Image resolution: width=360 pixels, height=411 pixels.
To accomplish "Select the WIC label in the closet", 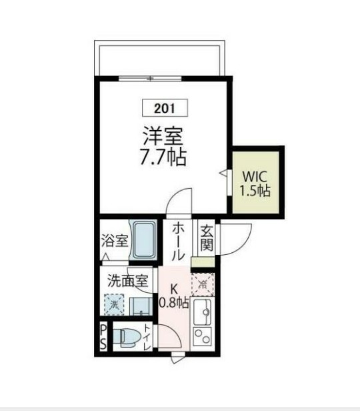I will coord(255,177).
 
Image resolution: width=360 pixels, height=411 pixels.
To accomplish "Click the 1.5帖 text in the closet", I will coord(255,191).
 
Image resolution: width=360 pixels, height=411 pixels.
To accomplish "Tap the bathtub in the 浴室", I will coord(143,240).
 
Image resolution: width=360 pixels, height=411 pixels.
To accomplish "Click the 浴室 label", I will coord(115,241).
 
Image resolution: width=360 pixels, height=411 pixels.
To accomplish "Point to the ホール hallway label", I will coord(179,242).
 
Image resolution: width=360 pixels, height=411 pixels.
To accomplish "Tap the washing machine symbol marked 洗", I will coord(114,304).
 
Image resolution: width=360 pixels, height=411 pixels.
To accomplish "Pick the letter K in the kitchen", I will coord(175,289).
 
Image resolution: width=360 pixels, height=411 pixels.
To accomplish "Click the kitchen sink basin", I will coord(203,311).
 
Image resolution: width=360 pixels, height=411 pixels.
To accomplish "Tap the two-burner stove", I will coord(203,336).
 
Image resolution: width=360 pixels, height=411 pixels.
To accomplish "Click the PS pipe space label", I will coord(103,338).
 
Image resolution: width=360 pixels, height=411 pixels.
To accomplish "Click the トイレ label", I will coord(147,336).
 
